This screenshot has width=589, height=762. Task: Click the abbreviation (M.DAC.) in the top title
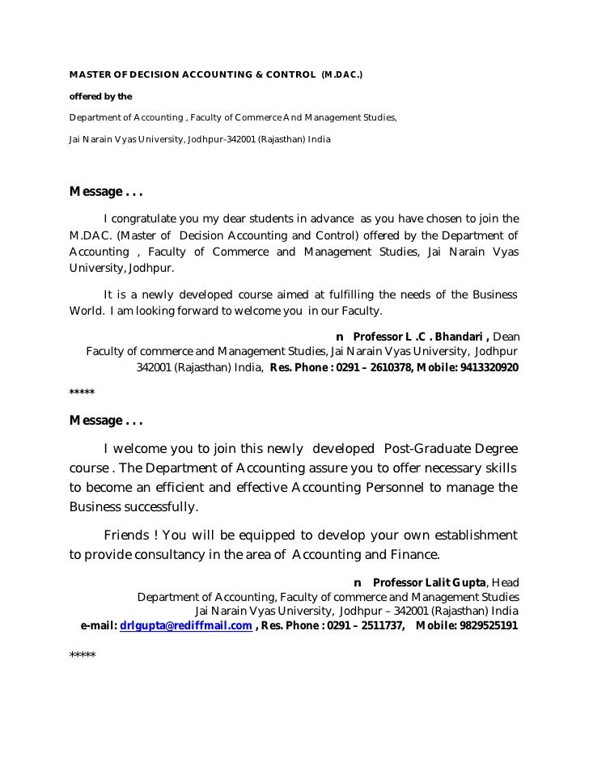342,75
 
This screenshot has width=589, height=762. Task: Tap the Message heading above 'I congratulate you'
106,193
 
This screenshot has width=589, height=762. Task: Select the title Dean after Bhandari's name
506,336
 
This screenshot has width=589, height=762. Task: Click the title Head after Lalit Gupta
504,582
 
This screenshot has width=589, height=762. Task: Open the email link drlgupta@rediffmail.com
186,625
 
